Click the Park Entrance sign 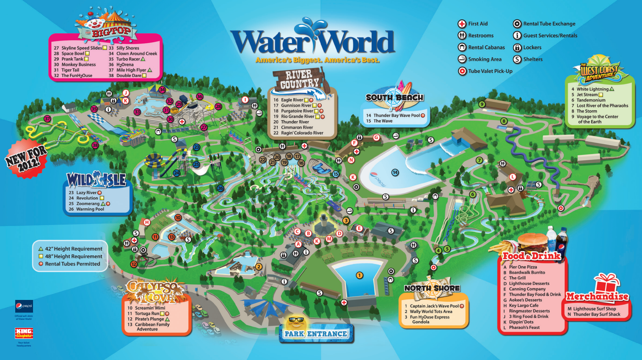pyautogui.click(x=316, y=334)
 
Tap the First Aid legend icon pyautogui.click(x=462, y=24)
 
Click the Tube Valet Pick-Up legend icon pyautogui.click(x=462, y=71)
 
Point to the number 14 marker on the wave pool pyautogui.click(x=395, y=172)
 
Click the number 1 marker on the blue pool pyautogui.click(x=359, y=275)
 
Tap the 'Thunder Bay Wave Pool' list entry pyautogui.click(x=396, y=115)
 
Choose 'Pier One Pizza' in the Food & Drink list pyautogui.click(x=523, y=267)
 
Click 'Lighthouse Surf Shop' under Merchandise pyautogui.click(x=594, y=309)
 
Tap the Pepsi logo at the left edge pyautogui.click(x=24, y=306)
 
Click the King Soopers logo pyautogui.click(x=24, y=333)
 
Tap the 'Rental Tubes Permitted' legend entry pyautogui.click(x=72, y=264)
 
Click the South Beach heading pyautogui.click(x=394, y=97)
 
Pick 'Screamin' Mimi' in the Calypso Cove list pyautogui.click(x=150, y=308)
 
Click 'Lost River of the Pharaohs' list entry pyautogui.click(x=602, y=106)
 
